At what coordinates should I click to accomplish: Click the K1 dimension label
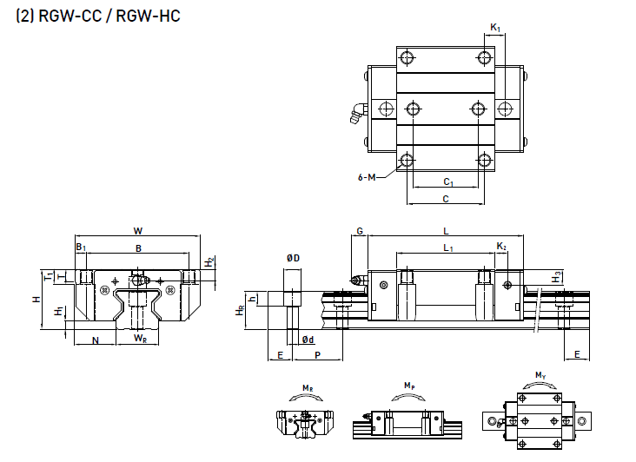point(494,29)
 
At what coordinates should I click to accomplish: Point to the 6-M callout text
point(367,177)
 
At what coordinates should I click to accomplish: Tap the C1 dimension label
point(448,182)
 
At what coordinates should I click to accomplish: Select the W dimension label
point(137,231)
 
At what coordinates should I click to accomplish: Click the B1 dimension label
point(81,248)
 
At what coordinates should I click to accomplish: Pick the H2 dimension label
point(209,261)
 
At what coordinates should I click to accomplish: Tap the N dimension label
point(95,340)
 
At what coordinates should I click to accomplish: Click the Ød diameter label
point(307,340)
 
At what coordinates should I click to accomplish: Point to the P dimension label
point(317,356)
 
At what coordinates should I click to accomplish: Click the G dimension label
point(358,231)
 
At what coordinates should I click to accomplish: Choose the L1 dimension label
point(447,248)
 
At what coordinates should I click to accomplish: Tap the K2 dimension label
point(501,247)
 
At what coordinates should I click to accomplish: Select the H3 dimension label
point(557,276)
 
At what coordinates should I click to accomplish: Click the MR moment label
point(308,387)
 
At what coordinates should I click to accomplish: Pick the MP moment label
point(408,384)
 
